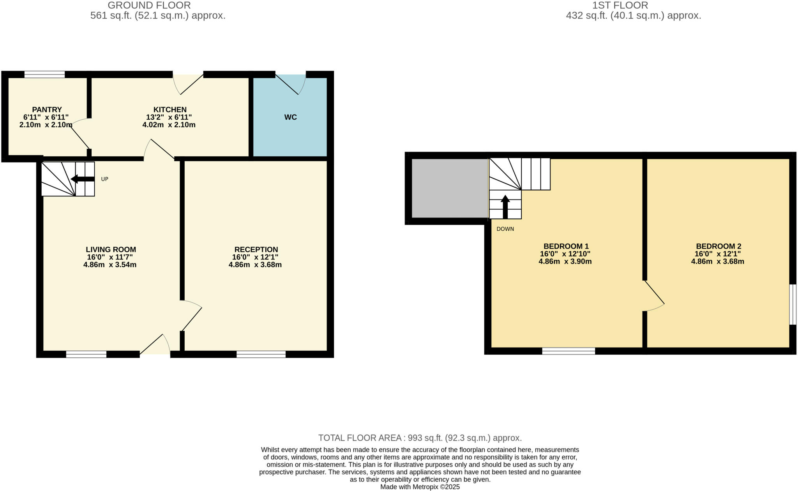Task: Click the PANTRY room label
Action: click(47, 110)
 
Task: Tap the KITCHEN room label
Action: click(170, 110)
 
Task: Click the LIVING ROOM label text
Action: click(111, 250)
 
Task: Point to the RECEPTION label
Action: click(256, 250)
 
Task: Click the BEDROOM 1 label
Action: click(566, 246)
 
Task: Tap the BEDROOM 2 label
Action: click(718, 246)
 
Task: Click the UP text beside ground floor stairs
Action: click(104, 179)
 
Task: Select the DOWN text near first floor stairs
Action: click(505, 229)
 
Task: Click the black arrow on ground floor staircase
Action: click(82, 179)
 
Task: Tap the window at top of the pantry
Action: click(44, 74)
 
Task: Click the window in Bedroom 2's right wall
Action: click(793, 304)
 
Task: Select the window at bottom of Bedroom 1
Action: click(568, 351)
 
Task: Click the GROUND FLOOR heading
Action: click(149, 5)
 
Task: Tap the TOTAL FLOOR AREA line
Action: click(420, 438)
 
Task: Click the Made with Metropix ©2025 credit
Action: click(420, 487)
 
